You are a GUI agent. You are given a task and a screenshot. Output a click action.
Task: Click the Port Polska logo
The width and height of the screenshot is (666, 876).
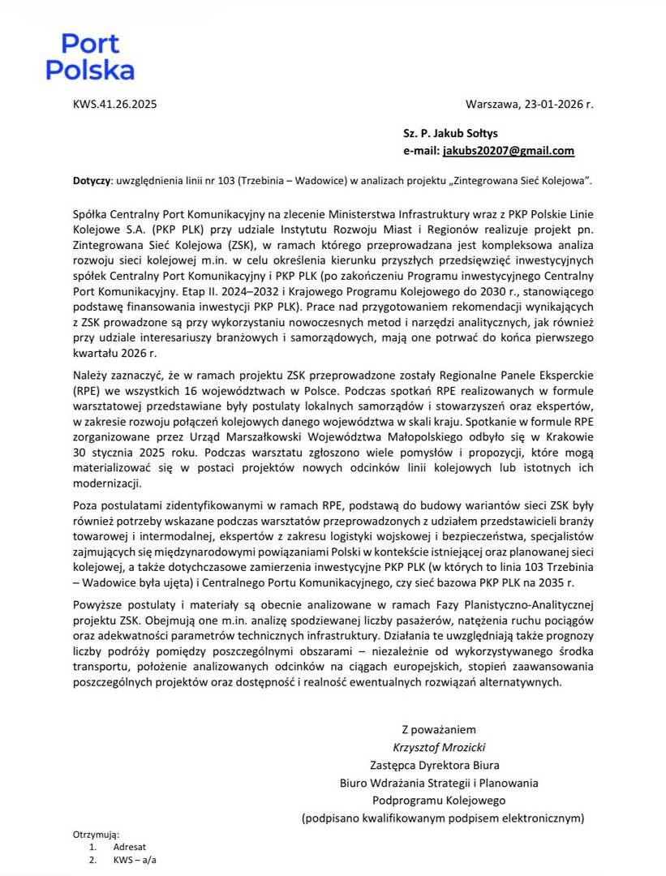90,57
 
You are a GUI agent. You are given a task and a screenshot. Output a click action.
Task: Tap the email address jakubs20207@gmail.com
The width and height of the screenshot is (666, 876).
508,151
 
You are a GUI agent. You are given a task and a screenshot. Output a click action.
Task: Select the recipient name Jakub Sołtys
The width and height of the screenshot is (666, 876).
473,133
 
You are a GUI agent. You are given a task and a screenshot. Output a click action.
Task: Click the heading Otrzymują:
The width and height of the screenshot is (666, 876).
96,834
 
